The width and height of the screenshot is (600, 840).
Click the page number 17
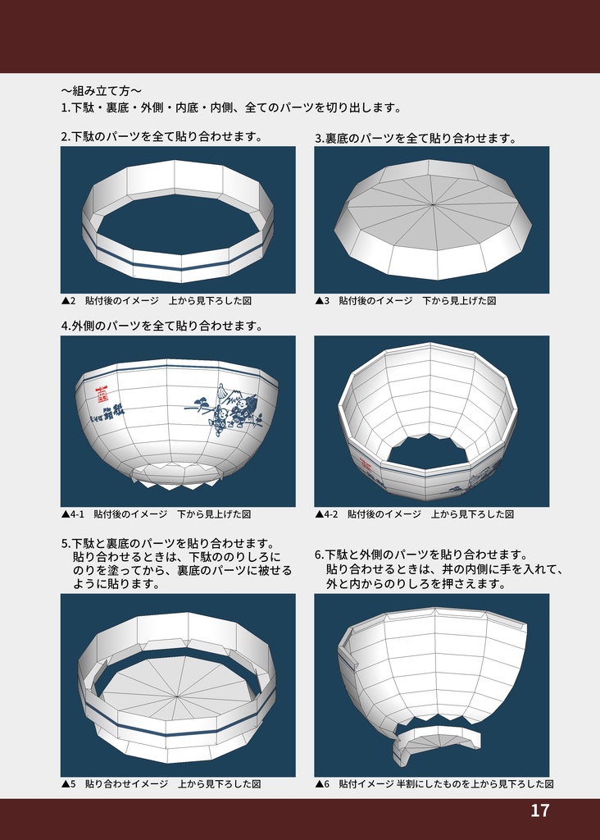pos(539,811)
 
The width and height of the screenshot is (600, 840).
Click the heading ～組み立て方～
pos(101,90)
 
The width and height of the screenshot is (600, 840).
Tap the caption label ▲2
pos(68,301)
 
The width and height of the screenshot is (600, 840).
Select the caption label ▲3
pos(322,301)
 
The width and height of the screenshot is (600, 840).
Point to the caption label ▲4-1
pos(73,514)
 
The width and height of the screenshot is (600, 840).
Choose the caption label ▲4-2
pos(327,514)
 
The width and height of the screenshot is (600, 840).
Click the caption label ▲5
pos(68,784)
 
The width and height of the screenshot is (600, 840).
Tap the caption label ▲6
pos(322,784)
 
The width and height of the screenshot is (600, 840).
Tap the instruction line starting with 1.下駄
pos(230,107)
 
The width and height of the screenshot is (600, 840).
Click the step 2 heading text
pos(161,136)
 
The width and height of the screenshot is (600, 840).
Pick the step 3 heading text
pos(416,138)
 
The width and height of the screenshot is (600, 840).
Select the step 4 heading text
pos(161,326)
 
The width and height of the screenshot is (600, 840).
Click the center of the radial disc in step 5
pos(177,697)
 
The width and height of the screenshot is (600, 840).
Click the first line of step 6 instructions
pos(421,555)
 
